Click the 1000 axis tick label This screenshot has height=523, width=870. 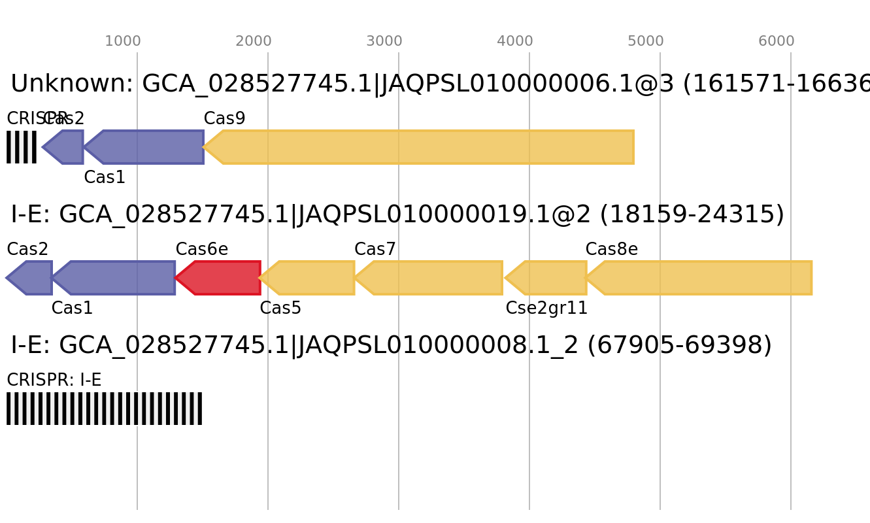(123, 41)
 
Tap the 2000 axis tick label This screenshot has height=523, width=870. (254, 41)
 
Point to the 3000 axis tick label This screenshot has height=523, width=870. (384, 41)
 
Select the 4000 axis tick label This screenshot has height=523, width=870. (515, 41)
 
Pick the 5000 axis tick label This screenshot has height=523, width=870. (646, 41)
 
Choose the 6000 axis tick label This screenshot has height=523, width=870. (777, 41)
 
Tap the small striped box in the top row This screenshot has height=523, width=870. (22, 147)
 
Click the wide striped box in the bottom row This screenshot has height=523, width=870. (104, 409)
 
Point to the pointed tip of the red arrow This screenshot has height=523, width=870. (176, 278)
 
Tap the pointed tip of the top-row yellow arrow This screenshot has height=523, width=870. (204, 147)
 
